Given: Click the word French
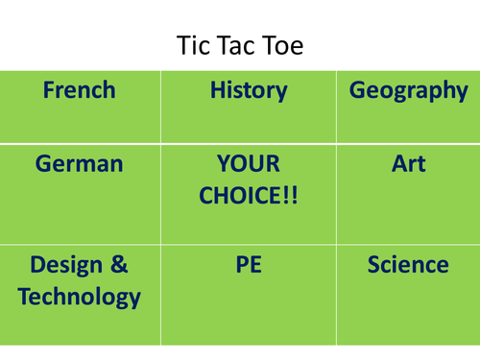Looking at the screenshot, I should tap(80, 91).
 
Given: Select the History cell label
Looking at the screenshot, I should tap(249, 91).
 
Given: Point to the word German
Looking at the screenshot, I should tap(80, 164).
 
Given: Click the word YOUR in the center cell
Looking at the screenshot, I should tap(248, 164).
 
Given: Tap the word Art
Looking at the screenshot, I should tap(408, 164).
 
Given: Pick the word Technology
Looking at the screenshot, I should tap(80, 297).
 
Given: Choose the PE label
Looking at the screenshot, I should tap(248, 264).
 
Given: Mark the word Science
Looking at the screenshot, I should tap(408, 264).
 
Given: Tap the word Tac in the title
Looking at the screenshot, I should tap(237, 45).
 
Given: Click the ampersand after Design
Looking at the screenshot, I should tap(118, 264).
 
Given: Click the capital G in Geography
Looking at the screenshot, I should tap(357, 91).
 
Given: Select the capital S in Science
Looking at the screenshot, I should tap(374, 264).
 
